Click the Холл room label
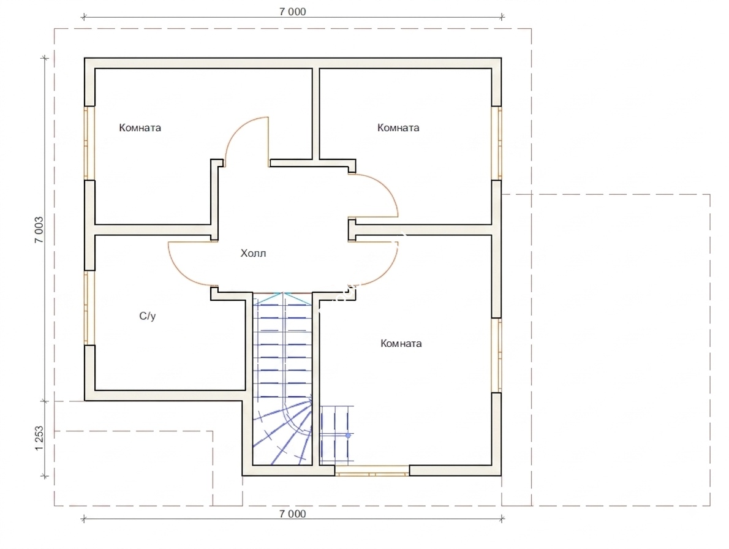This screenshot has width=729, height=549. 253,253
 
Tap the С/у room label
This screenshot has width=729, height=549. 148,316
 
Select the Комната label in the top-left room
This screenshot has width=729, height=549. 140,127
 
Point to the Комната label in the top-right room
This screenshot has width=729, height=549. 398,127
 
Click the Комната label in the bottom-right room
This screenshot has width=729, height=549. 401,344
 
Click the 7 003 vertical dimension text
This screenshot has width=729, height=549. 39,230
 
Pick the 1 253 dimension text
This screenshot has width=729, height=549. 39,438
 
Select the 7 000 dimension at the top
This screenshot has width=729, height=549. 293,12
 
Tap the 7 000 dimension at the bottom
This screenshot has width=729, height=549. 293,513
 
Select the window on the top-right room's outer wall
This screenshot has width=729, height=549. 497,143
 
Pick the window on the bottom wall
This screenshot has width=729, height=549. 372,471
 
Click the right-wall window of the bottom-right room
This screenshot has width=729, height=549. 497,355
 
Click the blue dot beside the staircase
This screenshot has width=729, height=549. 348,436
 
